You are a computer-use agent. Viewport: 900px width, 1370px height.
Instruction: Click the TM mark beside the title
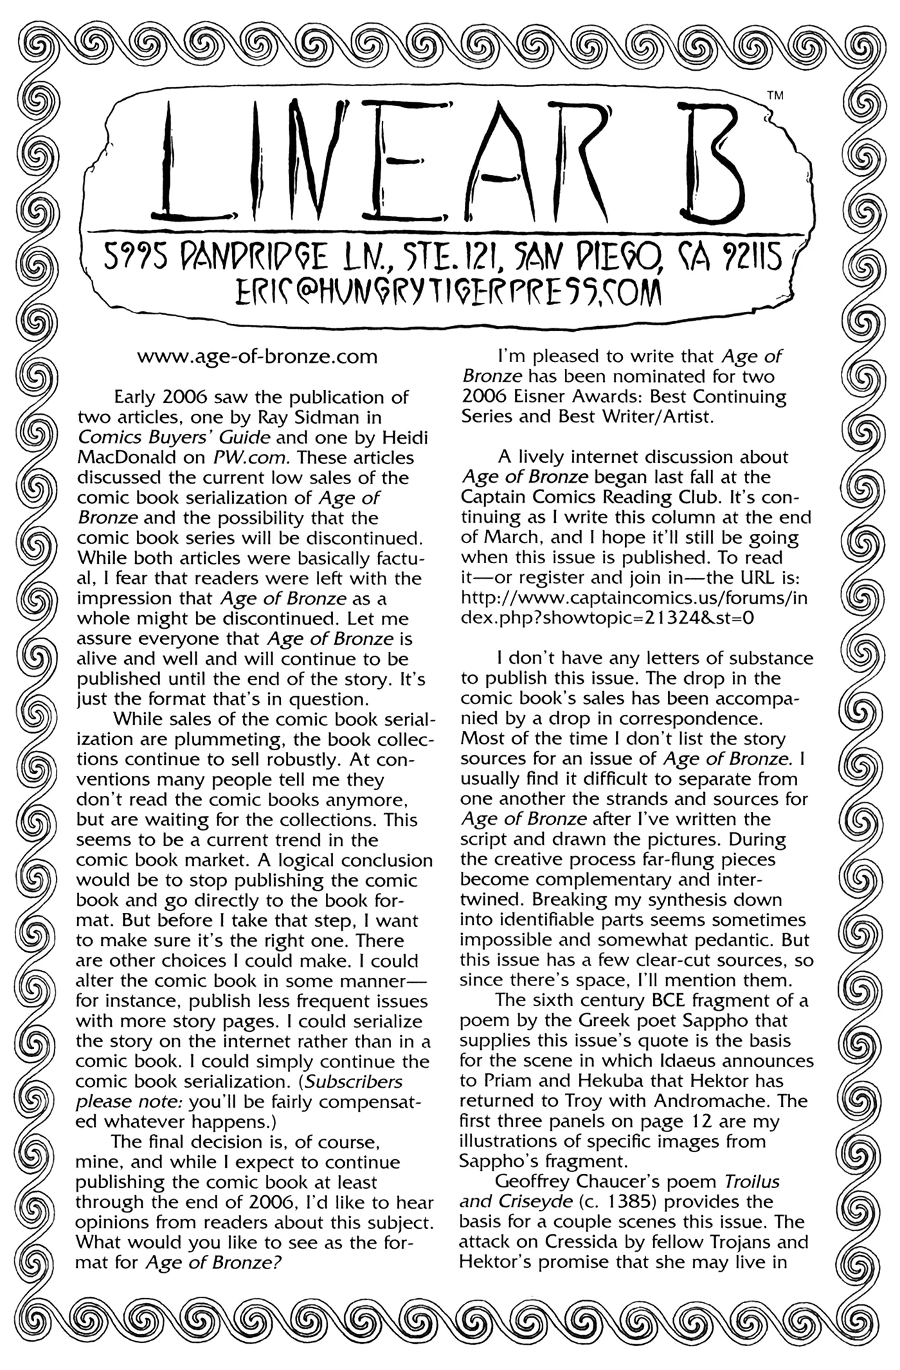pyautogui.click(x=776, y=96)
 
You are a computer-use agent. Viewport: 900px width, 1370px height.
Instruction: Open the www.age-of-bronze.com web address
pyautogui.click(x=257, y=356)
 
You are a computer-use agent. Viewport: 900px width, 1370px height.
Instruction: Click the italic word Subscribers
pyautogui.click(x=354, y=1081)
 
